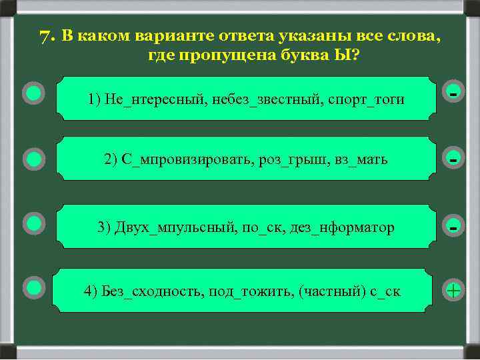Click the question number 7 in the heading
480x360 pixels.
45,36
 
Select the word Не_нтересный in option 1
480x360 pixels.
141,99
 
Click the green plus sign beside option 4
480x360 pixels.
453,291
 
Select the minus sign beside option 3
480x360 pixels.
453,227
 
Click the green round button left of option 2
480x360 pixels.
33,159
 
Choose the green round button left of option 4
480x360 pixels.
33,287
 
